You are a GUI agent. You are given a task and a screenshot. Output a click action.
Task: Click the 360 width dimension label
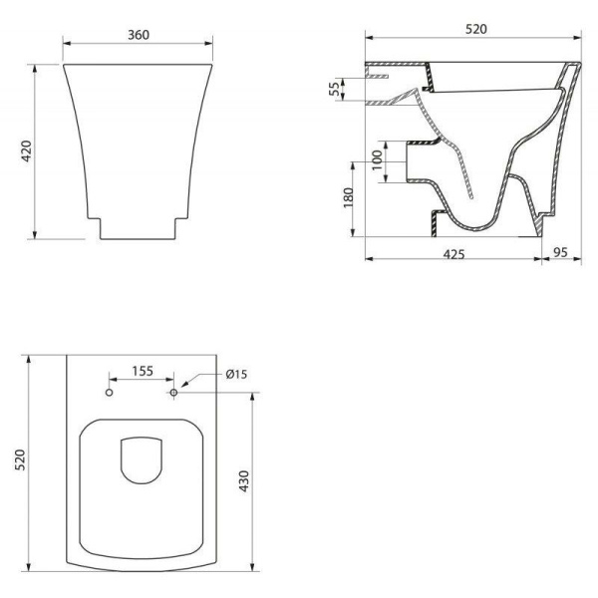[139, 35]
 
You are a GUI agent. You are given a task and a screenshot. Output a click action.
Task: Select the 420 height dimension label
[26, 151]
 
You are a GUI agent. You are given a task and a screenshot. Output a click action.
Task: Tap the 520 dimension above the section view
[476, 29]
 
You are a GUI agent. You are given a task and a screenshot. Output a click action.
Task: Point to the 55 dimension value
[334, 89]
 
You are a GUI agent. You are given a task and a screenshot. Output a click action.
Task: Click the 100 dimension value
[377, 160]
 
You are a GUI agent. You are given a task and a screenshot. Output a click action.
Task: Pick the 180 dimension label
[349, 197]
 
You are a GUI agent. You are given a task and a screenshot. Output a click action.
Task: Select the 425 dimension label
[453, 254]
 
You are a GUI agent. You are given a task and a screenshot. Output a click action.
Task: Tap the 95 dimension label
[560, 252]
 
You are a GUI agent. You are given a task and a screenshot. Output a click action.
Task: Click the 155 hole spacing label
[143, 371]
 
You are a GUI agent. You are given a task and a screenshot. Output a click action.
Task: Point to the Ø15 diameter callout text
[236, 375]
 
